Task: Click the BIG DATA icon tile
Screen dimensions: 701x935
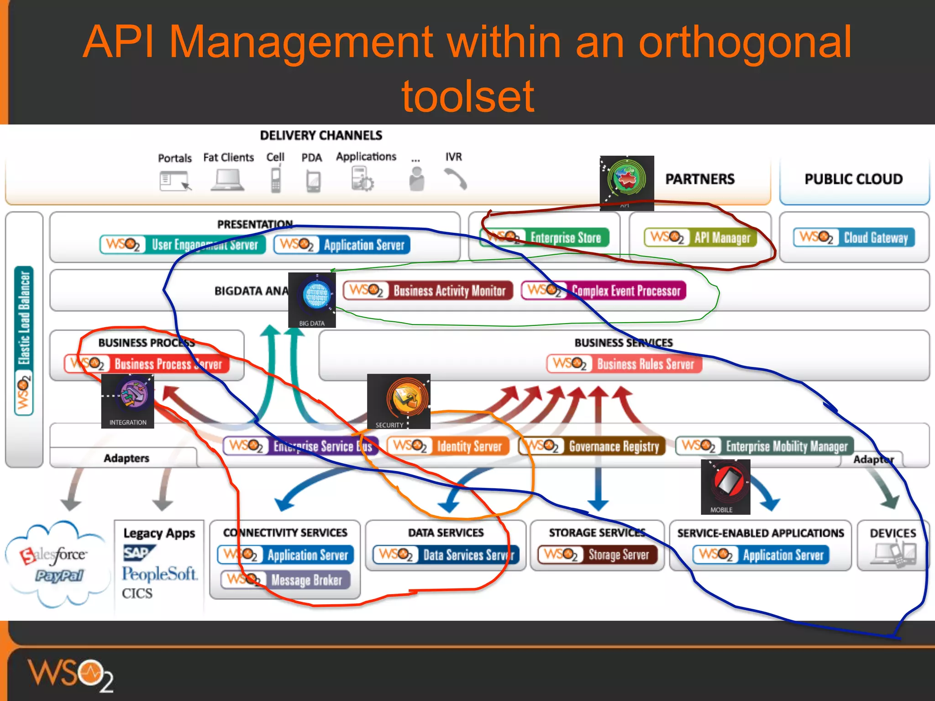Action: [x=312, y=300]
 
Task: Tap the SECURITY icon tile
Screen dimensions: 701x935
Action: [x=399, y=401]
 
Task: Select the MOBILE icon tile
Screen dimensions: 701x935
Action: [x=725, y=487]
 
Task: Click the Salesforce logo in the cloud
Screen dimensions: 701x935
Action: [x=53, y=555]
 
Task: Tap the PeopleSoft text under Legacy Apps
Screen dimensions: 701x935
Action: [x=159, y=574]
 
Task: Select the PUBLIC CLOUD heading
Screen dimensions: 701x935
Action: [x=853, y=179]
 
